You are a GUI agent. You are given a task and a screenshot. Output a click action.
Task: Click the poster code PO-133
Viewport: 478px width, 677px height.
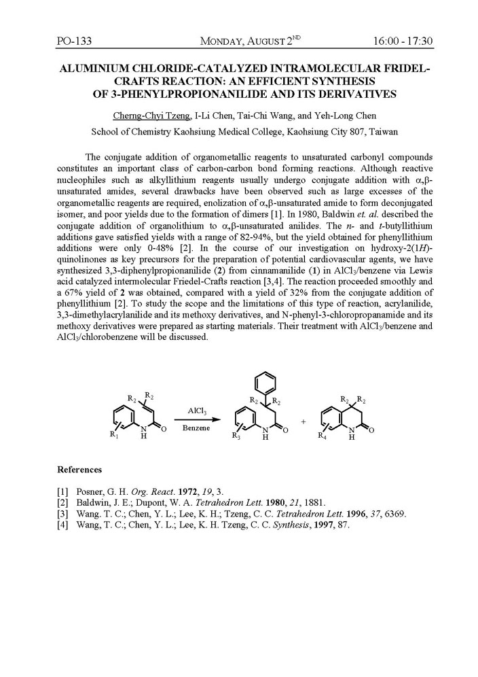click(74, 41)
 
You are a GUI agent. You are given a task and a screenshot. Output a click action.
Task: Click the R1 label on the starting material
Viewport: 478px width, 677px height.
click(113, 434)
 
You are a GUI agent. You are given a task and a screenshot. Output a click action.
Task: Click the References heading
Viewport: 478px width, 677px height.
click(79, 470)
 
